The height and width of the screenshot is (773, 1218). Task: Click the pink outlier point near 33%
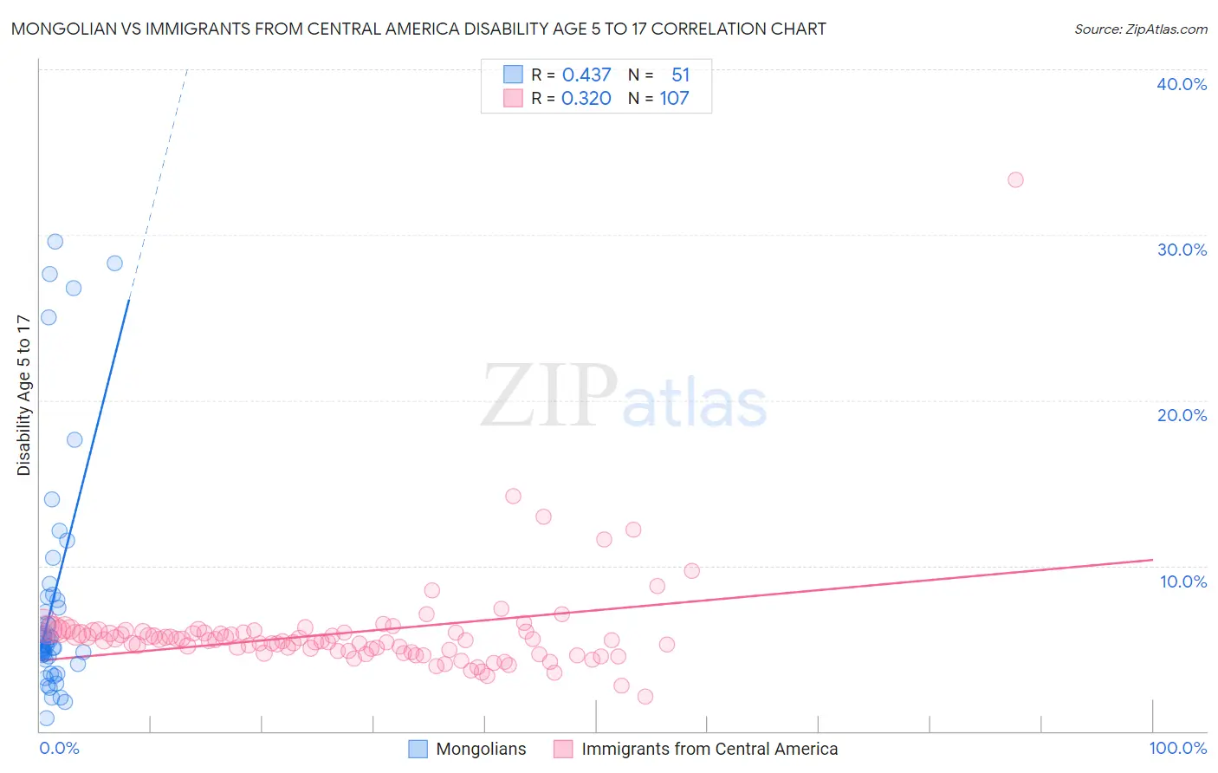tap(1015, 180)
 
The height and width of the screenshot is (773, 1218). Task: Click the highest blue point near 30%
tap(55, 242)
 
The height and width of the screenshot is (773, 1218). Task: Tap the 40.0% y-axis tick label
tap(1182, 84)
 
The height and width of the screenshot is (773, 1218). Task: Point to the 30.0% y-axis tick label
tap(1182, 250)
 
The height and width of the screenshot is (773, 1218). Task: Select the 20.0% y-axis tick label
tap(1182, 415)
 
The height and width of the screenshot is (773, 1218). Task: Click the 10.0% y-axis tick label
tap(1183, 581)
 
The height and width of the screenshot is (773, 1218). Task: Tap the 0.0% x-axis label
tap(59, 748)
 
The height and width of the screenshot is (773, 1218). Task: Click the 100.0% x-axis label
tap(1177, 748)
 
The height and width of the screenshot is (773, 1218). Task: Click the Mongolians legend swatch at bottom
tap(418, 749)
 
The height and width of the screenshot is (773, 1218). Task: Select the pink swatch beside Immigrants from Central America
tap(564, 749)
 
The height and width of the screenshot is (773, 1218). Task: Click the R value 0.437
tap(586, 75)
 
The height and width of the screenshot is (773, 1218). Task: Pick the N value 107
tap(674, 99)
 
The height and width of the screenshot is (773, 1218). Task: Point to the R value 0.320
tap(586, 99)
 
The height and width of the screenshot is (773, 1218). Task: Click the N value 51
tap(680, 75)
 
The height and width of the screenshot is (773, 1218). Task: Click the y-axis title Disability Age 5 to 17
tap(24, 395)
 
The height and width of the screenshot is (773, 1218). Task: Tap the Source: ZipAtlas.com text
tap(1140, 29)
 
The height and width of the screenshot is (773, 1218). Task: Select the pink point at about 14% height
tap(513, 497)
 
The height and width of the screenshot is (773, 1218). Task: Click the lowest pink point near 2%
tap(645, 697)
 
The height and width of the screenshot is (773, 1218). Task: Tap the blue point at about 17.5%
tap(75, 440)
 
